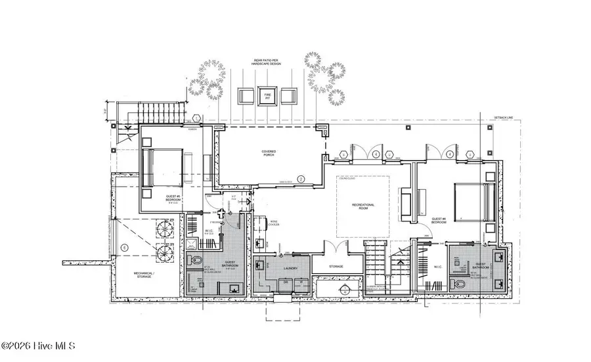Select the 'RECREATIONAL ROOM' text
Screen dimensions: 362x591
[x=362, y=206]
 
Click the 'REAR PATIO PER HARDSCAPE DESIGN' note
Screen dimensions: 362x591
[x=268, y=63]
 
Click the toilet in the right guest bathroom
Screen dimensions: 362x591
[x=460, y=284]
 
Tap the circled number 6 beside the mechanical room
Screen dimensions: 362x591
[x=125, y=247]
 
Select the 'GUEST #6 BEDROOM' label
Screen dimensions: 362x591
[x=439, y=220]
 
